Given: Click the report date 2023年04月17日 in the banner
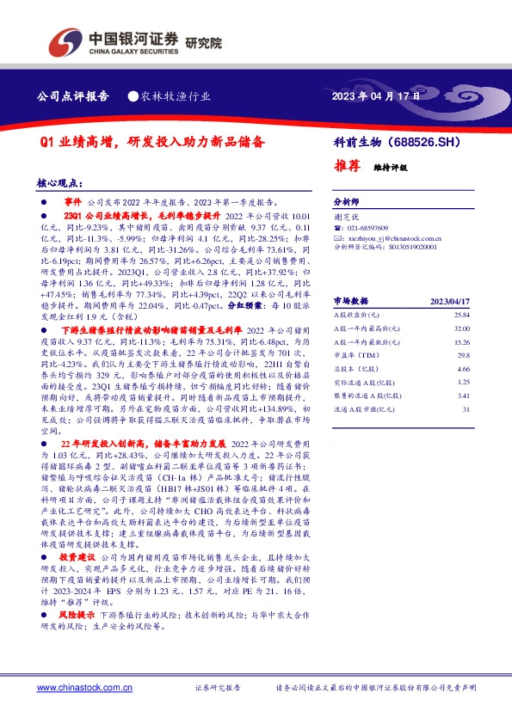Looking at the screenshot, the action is click(x=376, y=96).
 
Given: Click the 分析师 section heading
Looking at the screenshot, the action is click(x=346, y=198).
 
